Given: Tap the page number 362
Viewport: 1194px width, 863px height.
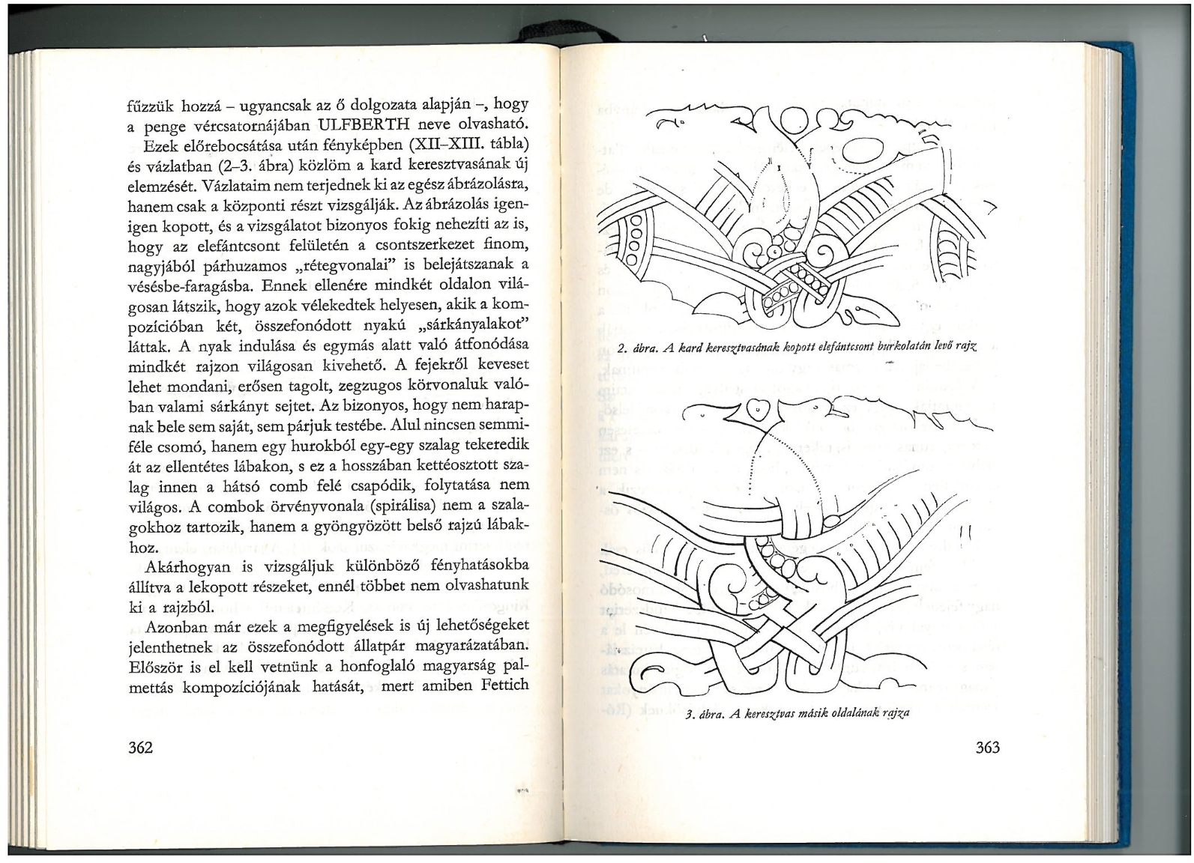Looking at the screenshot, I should pos(141,747).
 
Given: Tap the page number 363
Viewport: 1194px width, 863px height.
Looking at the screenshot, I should pos(988,748).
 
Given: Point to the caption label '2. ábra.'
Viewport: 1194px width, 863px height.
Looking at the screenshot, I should pos(639,347).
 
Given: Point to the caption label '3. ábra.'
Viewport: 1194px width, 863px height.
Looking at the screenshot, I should pos(705,714).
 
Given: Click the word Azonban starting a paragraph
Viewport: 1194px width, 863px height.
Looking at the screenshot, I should pos(175,626).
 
